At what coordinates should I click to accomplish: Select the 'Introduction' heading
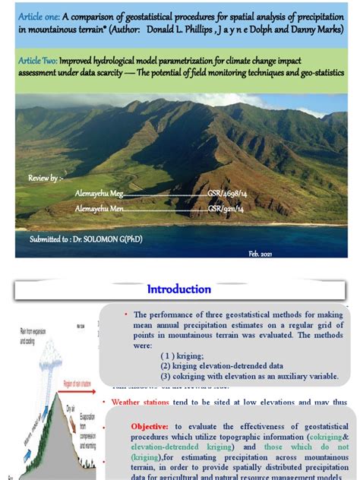tap(179, 289)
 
